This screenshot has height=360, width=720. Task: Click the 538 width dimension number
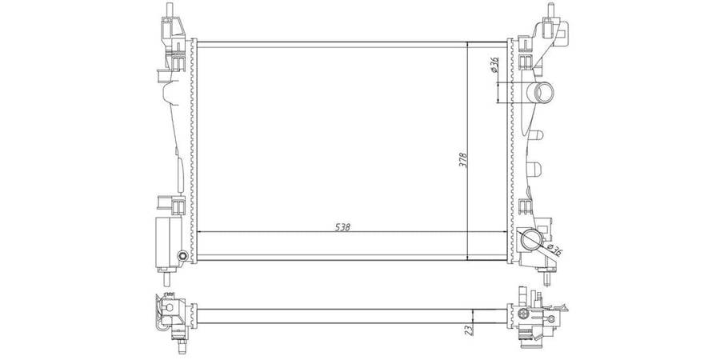(343, 227)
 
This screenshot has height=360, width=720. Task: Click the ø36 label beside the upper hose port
(494, 64)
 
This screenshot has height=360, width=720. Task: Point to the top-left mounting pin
(170, 10)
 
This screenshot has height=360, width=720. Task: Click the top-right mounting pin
(550, 10)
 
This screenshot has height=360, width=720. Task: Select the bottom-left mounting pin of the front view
(166, 278)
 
